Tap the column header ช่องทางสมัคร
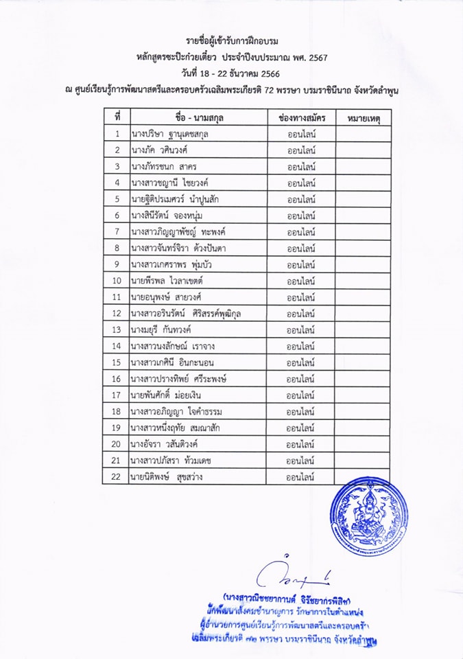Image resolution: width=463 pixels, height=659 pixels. (301, 118)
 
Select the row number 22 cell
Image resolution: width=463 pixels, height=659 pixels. (117, 476)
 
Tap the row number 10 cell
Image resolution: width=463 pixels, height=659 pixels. (117, 281)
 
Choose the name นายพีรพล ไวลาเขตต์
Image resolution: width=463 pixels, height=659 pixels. (166, 281)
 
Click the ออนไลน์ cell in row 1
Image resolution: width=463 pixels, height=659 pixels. (301, 134)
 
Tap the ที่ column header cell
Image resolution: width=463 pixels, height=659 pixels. (117, 118)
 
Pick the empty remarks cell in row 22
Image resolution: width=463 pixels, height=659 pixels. (363, 476)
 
